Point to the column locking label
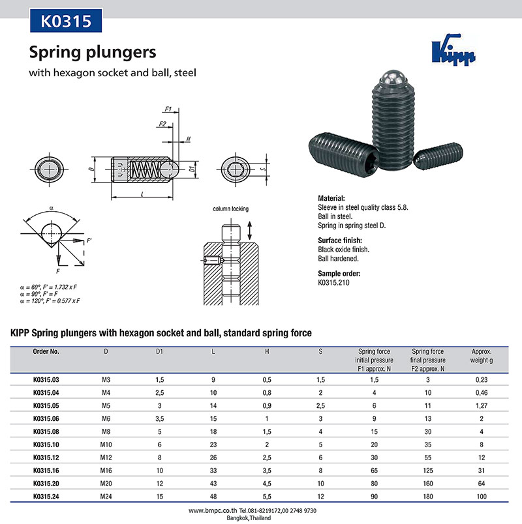pos(230,209)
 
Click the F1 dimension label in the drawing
pos(167,109)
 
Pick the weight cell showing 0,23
pos(482,379)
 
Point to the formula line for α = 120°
pos(50,300)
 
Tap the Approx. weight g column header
pos(482,355)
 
